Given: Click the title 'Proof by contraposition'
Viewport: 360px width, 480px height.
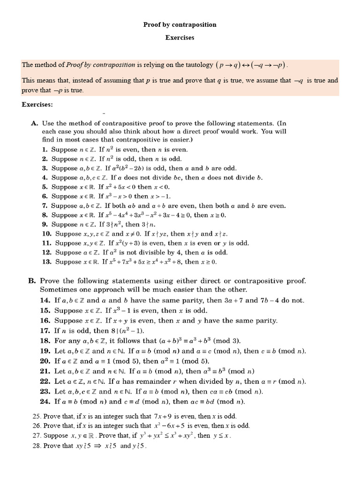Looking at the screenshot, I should click(x=180, y=24).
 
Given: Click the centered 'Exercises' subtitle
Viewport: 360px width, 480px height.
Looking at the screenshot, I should click(x=180, y=37).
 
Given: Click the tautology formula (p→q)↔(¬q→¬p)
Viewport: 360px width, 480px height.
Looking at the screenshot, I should click(x=252, y=65).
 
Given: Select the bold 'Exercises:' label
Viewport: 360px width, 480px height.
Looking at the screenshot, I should click(x=37, y=104).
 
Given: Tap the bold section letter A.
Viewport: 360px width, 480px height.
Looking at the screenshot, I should click(x=34, y=123).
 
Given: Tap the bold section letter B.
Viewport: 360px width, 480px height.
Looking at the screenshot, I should click(x=31, y=281).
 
